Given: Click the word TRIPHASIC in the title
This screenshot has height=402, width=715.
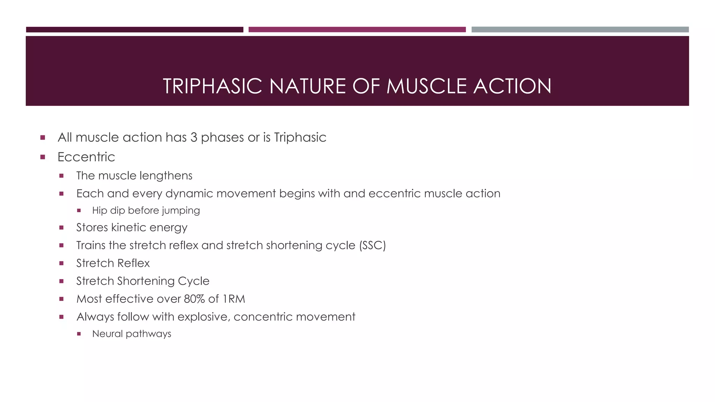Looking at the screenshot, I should (x=212, y=86).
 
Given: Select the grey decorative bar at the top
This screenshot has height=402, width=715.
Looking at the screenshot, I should (x=580, y=30).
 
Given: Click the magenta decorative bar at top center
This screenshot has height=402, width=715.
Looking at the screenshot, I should (x=357, y=30).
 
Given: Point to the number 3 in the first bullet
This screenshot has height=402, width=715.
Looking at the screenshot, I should (x=194, y=137).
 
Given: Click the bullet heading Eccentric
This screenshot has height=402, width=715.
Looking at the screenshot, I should (x=86, y=157).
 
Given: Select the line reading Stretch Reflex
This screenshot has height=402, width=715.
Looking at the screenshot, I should (x=113, y=263).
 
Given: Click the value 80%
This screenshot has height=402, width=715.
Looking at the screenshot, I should (x=194, y=299).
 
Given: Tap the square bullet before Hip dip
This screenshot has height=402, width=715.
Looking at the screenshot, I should (x=79, y=210).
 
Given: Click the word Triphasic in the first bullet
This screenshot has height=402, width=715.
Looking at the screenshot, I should (x=300, y=137).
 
